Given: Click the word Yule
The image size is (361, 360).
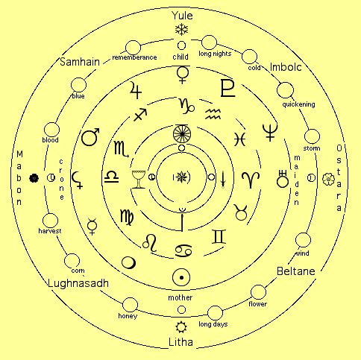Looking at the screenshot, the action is pyautogui.click(x=182, y=16).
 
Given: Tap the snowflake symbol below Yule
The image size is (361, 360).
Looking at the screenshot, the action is pyautogui.click(x=182, y=30).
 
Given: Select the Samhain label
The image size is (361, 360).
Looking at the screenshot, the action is pyautogui.click(x=80, y=62).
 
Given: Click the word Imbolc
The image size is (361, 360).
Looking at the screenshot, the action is pyautogui.click(x=286, y=67).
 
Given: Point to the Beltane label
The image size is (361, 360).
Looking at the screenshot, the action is pyautogui.click(x=296, y=271).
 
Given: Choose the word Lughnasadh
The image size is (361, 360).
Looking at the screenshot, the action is pyautogui.click(x=78, y=283).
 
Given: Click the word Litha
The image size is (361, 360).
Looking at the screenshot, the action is pyautogui.click(x=180, y=342).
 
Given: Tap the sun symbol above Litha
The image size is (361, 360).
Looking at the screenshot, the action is pyautogui.click(x=181, y=327).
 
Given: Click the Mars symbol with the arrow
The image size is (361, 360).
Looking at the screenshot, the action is pyautogui.click(x=90, y=137).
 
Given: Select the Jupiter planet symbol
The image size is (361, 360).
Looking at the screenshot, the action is pyautogui.click(x=136, y=90).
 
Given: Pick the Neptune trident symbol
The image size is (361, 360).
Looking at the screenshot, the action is pyautogui.click(x=270, y=132).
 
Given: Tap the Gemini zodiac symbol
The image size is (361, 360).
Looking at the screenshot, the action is pyautogui.click(x=219, y=236).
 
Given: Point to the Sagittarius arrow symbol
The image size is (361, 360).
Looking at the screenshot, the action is pyautogui.click(x=140, y=115).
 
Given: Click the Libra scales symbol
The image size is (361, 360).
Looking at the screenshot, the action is pyautogui.click(x=111, y=177).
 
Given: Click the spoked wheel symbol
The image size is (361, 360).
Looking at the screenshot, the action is pyautogui.click(x=182, y=134).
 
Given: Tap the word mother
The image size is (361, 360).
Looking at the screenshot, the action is pyautogui.click(x=180, y=297).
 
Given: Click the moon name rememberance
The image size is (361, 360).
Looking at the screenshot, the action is pyautogui.click(x=134, y=57).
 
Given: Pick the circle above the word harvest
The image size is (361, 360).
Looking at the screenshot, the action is pyautogui.click(x=50, y=221).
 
